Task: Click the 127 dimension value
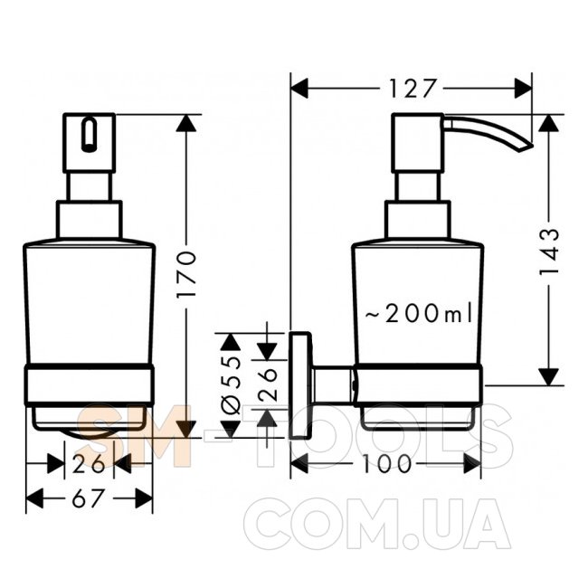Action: click(x=412, y=89)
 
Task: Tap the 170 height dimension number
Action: click(x=186, y=274)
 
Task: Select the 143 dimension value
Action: click(x=548, y=251)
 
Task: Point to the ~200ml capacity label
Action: click(x=419, y=313)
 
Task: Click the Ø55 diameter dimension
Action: click(x=230, y=385)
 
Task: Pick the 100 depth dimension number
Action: click(x=386, y=464)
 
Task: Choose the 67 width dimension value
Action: click(x=87, y=498)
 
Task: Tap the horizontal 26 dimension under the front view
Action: click(x=89, y=464)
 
